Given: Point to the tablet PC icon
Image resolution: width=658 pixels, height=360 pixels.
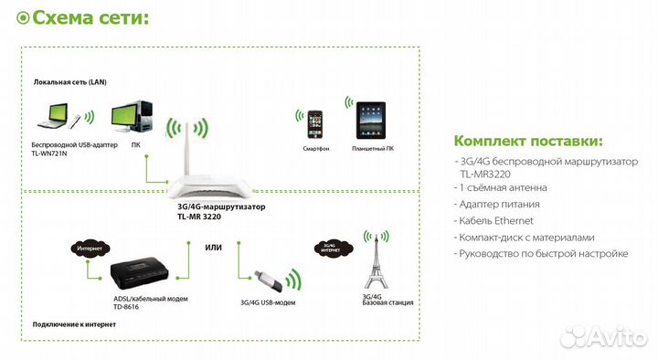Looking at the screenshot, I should (368, 121).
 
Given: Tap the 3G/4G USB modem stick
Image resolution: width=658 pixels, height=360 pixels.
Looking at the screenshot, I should (260, 277).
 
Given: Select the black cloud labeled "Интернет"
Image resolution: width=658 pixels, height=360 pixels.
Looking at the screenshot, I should (90, 248).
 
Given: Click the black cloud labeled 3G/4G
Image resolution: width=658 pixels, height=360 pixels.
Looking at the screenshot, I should (326, 248).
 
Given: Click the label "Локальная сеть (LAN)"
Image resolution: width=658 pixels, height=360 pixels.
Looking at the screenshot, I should (70, 82).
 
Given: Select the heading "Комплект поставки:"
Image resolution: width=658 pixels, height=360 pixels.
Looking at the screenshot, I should (528, 141).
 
